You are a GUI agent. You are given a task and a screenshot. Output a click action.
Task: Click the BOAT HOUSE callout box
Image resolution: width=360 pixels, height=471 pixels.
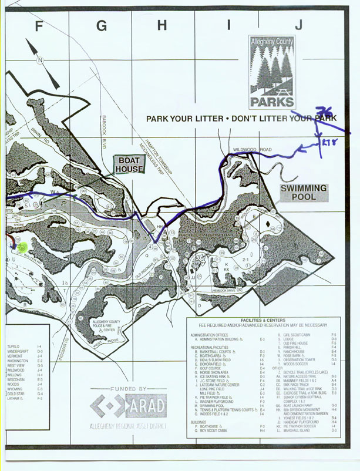pyautogui.click(x=129, y=164)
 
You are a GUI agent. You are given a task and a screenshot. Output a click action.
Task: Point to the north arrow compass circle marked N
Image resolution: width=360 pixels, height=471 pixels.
pyautogui.click(x=41, y=60)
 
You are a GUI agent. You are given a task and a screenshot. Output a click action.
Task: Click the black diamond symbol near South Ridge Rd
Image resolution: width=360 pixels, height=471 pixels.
pyautogui.click(x=268, y=224)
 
